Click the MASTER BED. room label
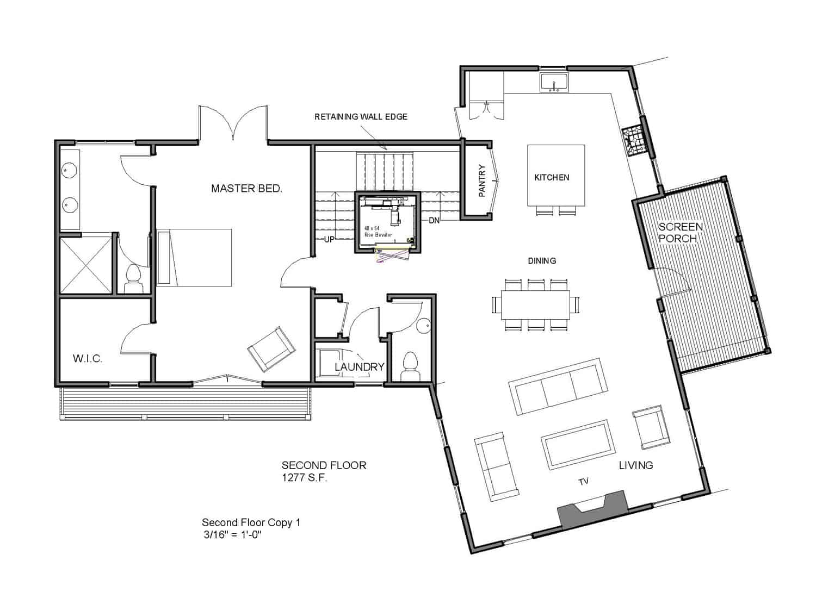pyautogui.click(x=246, y=189)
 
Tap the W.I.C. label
pyautogui.click(x=88, y=359)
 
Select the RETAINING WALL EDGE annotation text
pyautogui.click(x=361, y=117)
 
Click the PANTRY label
pyautogui.click(x=481, y=180)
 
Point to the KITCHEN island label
pyautogui.click(x=552, y=178)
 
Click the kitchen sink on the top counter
pyautogui.click(x=554, y=83)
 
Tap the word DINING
pyautogui.click(x=542, y=261)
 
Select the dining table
pyautogui.click(x=535, y=305)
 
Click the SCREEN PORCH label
pyautogui.click(x=681, y=233)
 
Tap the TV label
pyautogui.click(x=583, y=481)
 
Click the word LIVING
pyautogui.click(x=635, y=465)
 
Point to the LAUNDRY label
pyautogui.click(x=359, y=367)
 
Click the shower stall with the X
pyautogui.click(x=85, y=266)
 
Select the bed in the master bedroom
pyautogui.click(x=195, y=257)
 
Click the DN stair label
pyautogui.click(x=434, y=220)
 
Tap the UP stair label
pyautogui.click(x=329, y=239)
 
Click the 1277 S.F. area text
pyautogui.click(x=304, y=478)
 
